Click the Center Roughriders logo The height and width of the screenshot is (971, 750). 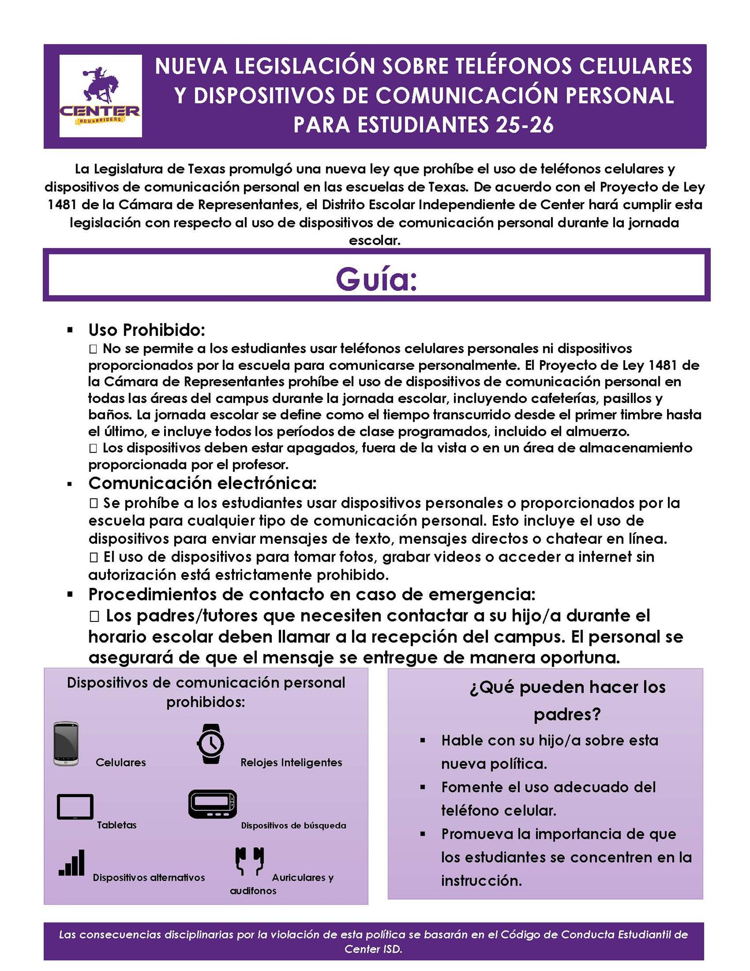100,96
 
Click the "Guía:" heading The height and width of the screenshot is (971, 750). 376,279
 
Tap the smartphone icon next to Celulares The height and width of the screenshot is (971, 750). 66,744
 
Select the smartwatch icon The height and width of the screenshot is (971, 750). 210,744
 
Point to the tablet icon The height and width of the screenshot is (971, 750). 75,806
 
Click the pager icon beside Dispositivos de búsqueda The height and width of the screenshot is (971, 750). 213,804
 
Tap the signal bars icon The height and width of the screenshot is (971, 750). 72,863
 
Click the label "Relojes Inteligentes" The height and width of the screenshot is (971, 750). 291,763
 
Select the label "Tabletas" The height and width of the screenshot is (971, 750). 117,825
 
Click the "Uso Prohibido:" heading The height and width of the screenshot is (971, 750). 147,330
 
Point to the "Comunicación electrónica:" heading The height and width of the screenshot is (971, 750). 202,483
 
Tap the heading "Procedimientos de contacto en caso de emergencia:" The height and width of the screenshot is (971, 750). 312,594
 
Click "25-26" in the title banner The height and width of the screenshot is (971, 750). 525,125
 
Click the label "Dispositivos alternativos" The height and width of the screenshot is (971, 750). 149,877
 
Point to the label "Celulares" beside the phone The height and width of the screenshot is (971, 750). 121,762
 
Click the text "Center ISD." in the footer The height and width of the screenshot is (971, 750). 373,949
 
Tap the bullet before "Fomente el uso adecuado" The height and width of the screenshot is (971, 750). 423,787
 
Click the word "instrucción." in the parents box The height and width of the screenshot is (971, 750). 481,880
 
